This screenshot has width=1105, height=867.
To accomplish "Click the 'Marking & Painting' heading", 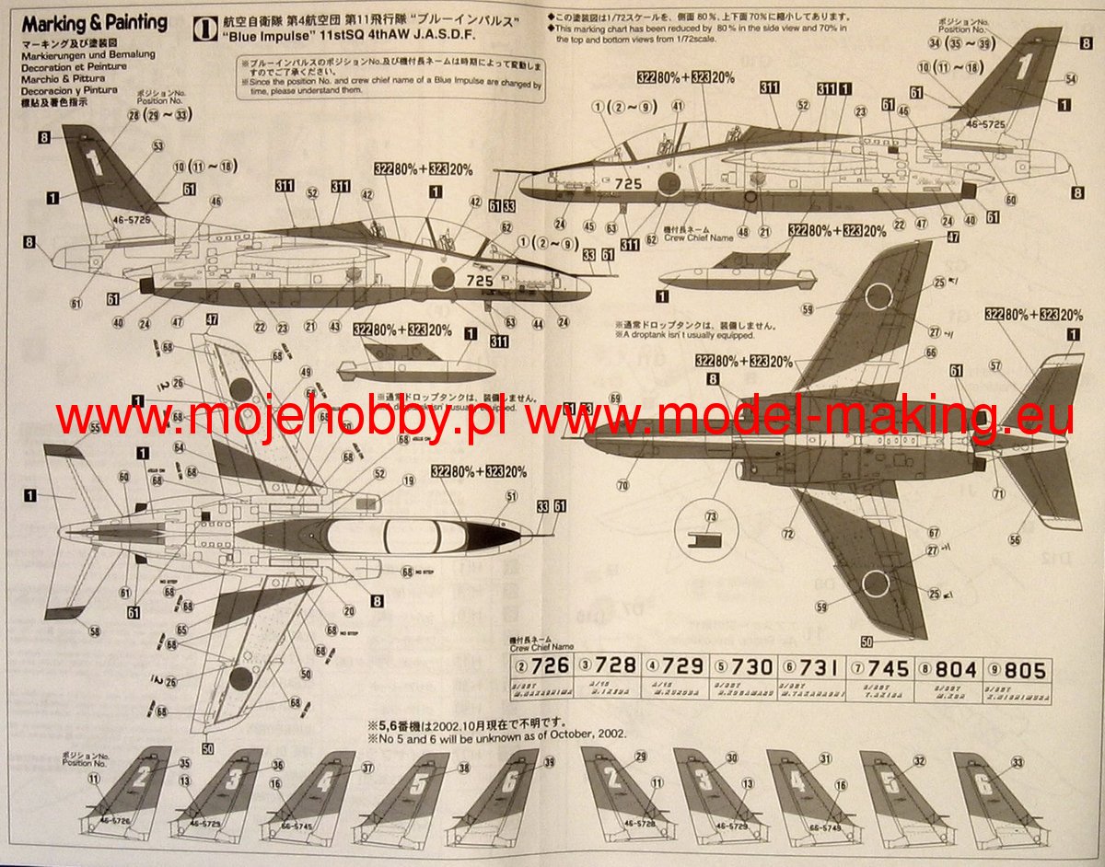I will [94, 22].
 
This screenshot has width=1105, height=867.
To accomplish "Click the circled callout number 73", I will [710, 516].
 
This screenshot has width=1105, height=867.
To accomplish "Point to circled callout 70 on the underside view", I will [622, 484].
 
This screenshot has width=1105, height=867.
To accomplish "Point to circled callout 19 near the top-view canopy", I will [408, 480].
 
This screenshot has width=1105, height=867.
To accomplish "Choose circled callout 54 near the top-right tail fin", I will [1070, 79].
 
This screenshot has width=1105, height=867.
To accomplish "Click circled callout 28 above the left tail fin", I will [134, 115].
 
